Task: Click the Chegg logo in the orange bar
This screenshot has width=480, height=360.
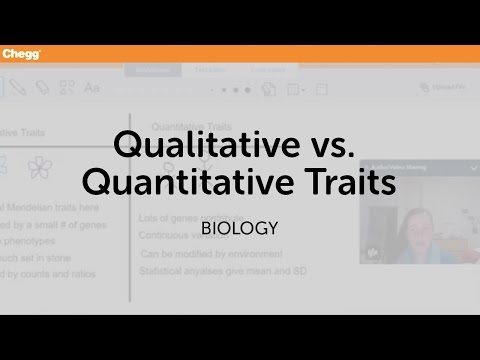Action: point(20,54)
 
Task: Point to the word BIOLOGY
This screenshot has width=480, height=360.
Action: point(239,228)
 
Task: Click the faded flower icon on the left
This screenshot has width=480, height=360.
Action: point(39,167)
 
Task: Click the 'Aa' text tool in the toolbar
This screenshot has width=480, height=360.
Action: point(92,88)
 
